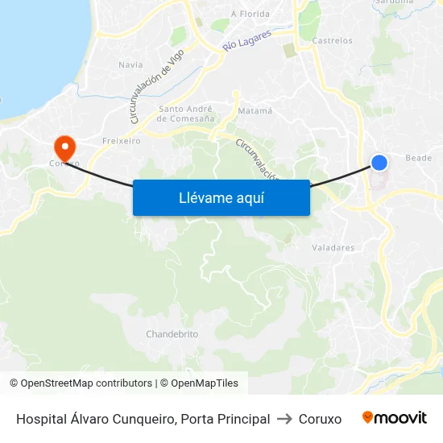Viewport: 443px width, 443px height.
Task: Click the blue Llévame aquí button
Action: coord(221,197)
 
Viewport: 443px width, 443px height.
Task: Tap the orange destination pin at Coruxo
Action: coord(64,147)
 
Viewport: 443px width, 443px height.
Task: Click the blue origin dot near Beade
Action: coord(379,163)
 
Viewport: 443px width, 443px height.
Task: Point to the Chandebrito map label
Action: coord(172,333)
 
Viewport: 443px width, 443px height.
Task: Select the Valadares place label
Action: coord(333,247)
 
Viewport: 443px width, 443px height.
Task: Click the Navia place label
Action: coord(130,64)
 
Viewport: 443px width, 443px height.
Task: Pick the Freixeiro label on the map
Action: coord(121,140)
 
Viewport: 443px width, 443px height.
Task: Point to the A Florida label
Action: coord(249,14)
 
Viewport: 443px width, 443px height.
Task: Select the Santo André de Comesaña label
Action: coord(185,114)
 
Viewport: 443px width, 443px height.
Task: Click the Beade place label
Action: coord(419,158)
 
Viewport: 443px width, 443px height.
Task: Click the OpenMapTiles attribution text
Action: coord(205,383)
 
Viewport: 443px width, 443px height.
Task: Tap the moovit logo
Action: coord(395,418)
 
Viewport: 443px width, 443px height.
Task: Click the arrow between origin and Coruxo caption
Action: coord(284,419)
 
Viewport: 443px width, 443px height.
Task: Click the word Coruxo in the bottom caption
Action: coord(320,419)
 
